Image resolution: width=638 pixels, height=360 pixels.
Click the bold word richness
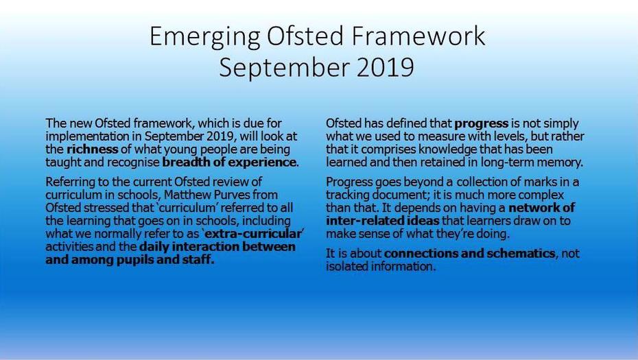[x=93, y=149]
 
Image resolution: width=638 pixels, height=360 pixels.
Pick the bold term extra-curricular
[x=252, y=234]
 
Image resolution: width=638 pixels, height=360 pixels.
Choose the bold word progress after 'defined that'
[x=482, y=123]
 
